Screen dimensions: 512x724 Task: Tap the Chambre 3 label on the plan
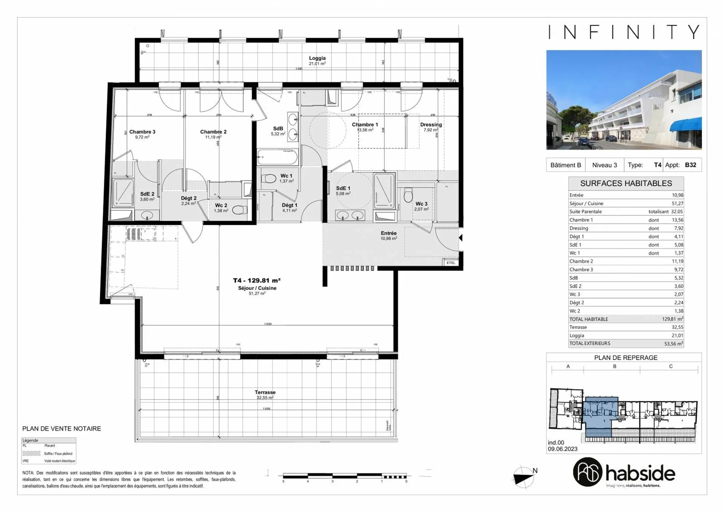click(142, 132)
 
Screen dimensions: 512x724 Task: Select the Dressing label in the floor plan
click(431, 125)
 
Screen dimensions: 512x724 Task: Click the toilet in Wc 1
click(268, 178)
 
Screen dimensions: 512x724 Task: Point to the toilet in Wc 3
click(408, 195)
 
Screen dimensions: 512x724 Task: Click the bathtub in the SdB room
click(277, 157)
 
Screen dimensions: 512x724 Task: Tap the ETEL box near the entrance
click(451, 263)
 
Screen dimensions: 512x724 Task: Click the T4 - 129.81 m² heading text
click(256, 281)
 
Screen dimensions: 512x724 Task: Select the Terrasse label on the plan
click(265, 392)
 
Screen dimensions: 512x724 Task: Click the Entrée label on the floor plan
click(388, 234)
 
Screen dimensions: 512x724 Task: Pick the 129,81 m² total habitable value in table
click(672, 319)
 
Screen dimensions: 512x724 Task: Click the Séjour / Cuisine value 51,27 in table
click(677, 203)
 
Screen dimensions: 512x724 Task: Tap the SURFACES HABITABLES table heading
click(626, 184)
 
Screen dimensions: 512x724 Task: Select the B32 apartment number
click(690, 165)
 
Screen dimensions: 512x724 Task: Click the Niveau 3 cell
click(604, 165)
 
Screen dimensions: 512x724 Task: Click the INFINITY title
click(624, 32)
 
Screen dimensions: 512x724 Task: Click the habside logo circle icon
click(587, 472)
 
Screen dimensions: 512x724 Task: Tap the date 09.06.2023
click(563, 449)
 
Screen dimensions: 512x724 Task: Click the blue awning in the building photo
click(686, 125)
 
